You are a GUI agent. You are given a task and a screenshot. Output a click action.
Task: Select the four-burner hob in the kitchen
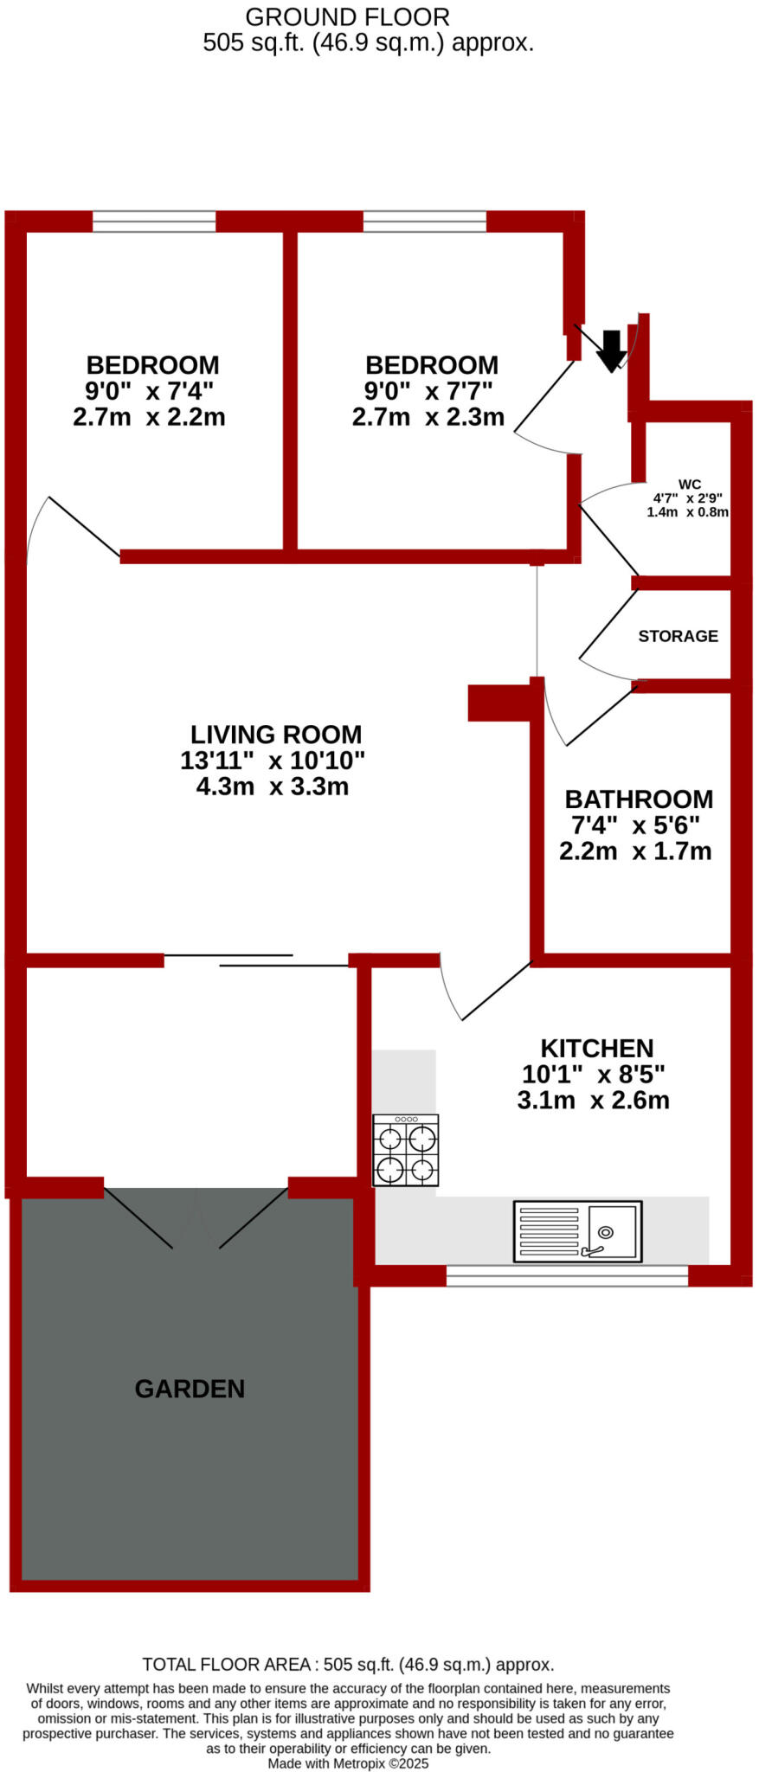(406, 1150)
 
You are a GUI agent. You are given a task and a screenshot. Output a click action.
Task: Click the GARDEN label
(190, 1389)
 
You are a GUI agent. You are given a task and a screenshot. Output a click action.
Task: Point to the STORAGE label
(679, 636)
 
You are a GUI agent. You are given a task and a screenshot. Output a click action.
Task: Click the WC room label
(690, 485)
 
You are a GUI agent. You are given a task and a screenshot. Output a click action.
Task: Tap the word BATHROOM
(639, 799)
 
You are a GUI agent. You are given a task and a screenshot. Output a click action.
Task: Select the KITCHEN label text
(597, 1048)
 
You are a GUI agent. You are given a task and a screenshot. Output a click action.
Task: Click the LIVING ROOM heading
(276, 735)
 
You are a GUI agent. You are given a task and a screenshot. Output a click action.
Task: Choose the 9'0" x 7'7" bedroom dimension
(428, 391)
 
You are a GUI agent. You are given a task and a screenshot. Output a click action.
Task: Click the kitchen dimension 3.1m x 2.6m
(594, 1101)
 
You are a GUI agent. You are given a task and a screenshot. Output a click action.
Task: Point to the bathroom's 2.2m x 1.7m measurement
(635, 851)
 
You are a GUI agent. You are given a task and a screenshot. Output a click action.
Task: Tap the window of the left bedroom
(154, 221)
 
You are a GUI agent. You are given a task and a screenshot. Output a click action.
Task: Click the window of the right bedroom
(425, 221)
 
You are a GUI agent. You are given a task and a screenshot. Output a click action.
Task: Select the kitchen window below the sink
(567, 1275)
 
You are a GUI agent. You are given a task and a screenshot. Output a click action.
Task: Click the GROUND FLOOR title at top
(348, 16)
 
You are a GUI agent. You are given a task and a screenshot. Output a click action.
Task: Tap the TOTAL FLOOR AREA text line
(348, 1664)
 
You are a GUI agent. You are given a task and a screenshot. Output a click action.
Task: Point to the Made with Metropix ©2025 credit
(348, 1763)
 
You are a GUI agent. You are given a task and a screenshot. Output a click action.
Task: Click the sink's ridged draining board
(549, 1230)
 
